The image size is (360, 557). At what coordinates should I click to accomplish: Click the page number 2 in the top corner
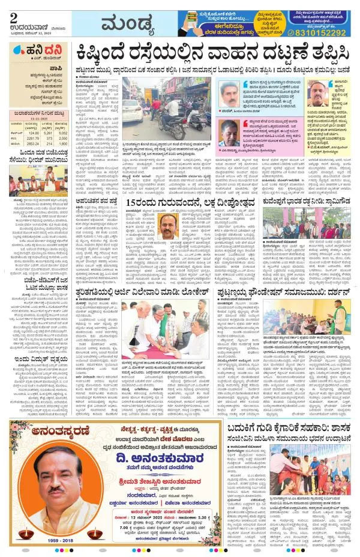coord(13,17)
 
